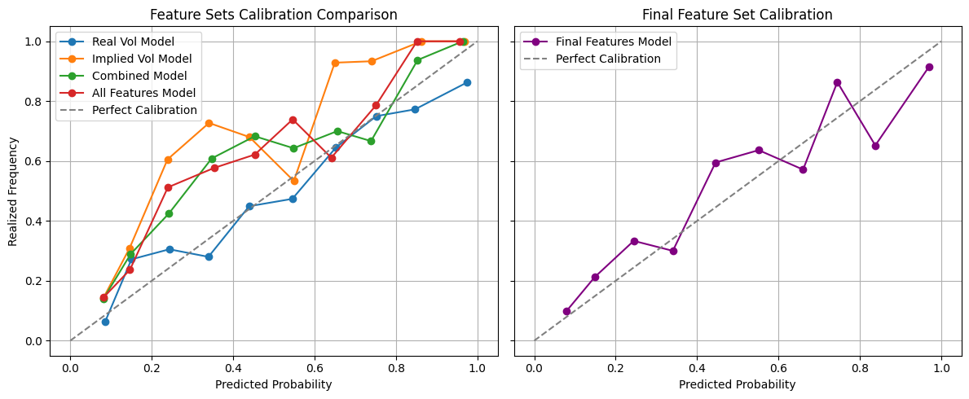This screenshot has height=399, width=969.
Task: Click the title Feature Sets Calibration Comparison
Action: click(x=274, y=15)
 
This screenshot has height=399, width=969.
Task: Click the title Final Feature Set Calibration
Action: click(x=738, y=15)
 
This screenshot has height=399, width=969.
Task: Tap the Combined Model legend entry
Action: click(x=134, y=76)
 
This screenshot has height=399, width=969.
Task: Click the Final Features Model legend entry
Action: click(x=613, y=41)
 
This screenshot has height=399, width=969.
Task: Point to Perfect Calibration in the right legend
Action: click(x=607, y=59)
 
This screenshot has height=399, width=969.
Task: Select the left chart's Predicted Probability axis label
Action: click(x=274, y=384)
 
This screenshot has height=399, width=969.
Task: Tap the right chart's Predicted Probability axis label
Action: click(x=738, y=384)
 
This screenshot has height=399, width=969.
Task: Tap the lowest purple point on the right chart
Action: click(x=566, y=311)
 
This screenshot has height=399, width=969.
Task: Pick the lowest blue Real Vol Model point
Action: click(x=105, y=322)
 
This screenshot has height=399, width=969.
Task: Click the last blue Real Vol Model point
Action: click(x=467, y=82)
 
